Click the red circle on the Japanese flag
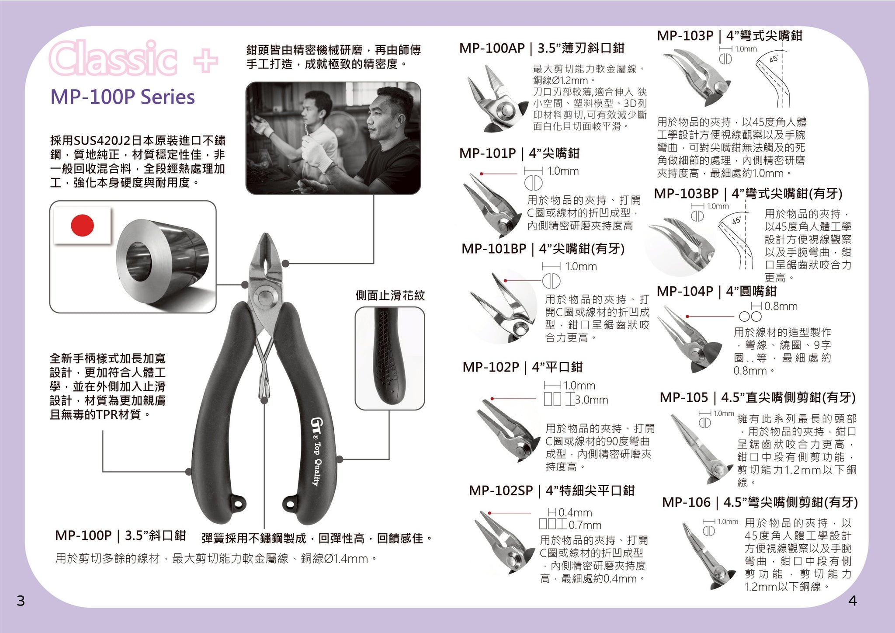click(x=82, y=225)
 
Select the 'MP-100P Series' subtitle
click(x=123, y=97)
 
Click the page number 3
click(x=21, y=601)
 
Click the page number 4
click(x=852, y=601)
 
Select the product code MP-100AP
click(x=492, y=49)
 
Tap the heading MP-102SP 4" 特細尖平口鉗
click(x=552, y=490)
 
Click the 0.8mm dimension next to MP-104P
click(x=781, y=306)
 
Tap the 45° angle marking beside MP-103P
click(x=774, y=59)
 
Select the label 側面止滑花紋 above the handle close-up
click(x=390, y=296)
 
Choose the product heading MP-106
click(x=686, y=502)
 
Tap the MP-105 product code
click(x=683, y=397)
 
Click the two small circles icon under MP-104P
click(x=750, y=316)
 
